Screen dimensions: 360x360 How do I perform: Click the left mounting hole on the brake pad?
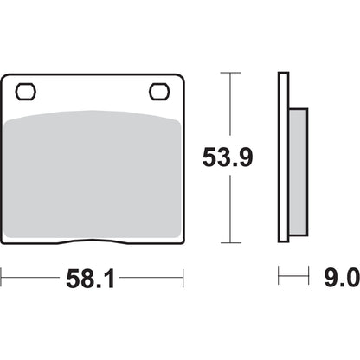[x=25, y=90]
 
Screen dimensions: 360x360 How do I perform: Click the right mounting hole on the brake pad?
[x=159, y=90]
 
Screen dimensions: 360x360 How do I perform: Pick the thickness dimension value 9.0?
[x=339, y=278]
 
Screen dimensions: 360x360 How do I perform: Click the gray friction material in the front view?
[x=93, y=173]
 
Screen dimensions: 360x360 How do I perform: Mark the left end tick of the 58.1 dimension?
[x=3, y=278]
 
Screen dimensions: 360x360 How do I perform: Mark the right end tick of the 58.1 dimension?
[x=183, y=278]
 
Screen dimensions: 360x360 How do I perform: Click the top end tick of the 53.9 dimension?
[x=229, y=74]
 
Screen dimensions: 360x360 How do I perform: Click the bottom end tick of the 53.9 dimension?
[x=229, y=242]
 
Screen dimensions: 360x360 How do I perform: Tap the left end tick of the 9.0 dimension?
[x=279, y=278]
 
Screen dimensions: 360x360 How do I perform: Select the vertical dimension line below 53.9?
[x=229, y=208]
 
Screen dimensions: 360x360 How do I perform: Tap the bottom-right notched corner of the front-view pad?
[x=180, y=239]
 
